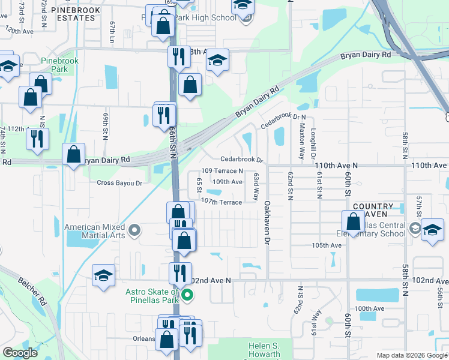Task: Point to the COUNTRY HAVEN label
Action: pyautogui.click(x=373, y=210)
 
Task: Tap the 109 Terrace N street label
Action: pyautogui.click(x=222, y=171)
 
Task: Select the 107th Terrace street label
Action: pyautogui.click(x=221, y=202)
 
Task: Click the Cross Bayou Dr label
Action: pyautogui.click(x=119, y=183)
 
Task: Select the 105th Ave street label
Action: pyautogui.click(x=330, y=245)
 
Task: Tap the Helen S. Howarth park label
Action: pyautogui.click(x=264, y=350)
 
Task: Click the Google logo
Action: pyautogui.click(x=20, y=353)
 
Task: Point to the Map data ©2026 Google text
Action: pyautogui.click(x=412, y=355)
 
